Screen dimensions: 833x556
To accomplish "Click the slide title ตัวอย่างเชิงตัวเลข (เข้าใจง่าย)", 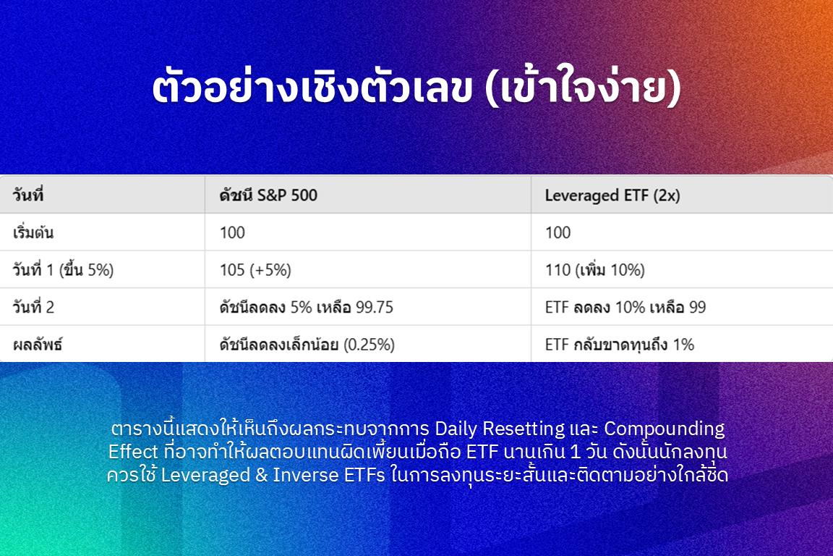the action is pyautogui.click(x=416, y=88).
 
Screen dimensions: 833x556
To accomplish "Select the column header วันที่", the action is pyautogui.click(x=28, y=195).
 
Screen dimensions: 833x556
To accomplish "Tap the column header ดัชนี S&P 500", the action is pyautogui.click(x=268, y=195).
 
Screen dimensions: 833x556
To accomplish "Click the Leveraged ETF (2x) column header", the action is pyautogui.click(x=612, y=195).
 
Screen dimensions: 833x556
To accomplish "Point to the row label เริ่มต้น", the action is pyautogui.click(x=33, y=232).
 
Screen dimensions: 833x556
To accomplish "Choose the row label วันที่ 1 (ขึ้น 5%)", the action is pyautogui.click(x=63, y=270).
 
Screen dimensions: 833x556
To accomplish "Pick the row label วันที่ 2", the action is pyautogui.click(x=33, y=307).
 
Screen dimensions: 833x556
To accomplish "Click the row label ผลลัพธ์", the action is pyautogui.click(x=37, y=344).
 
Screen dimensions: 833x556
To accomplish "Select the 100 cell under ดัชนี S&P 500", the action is pyautogui.click(x=232, y=232).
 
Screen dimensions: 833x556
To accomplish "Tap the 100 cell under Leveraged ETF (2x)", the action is pyautogui.click(x=558, y=232).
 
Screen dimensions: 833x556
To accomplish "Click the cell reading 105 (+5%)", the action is pyautogui.click(x=255, y=270).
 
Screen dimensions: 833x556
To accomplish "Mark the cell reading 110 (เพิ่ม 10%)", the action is pyautogui.click(x=595, y=270).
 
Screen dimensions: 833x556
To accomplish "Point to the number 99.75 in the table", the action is pyautogui.click(x=375, y=307).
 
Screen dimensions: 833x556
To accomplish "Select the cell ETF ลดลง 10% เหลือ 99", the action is pyautogui.click(x=625, y=307).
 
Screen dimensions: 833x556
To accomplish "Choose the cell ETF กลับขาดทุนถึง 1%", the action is pyautogui.click(x=620, y=345).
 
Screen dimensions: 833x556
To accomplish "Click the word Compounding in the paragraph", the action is pyautogui.click(x=664, y=429).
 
